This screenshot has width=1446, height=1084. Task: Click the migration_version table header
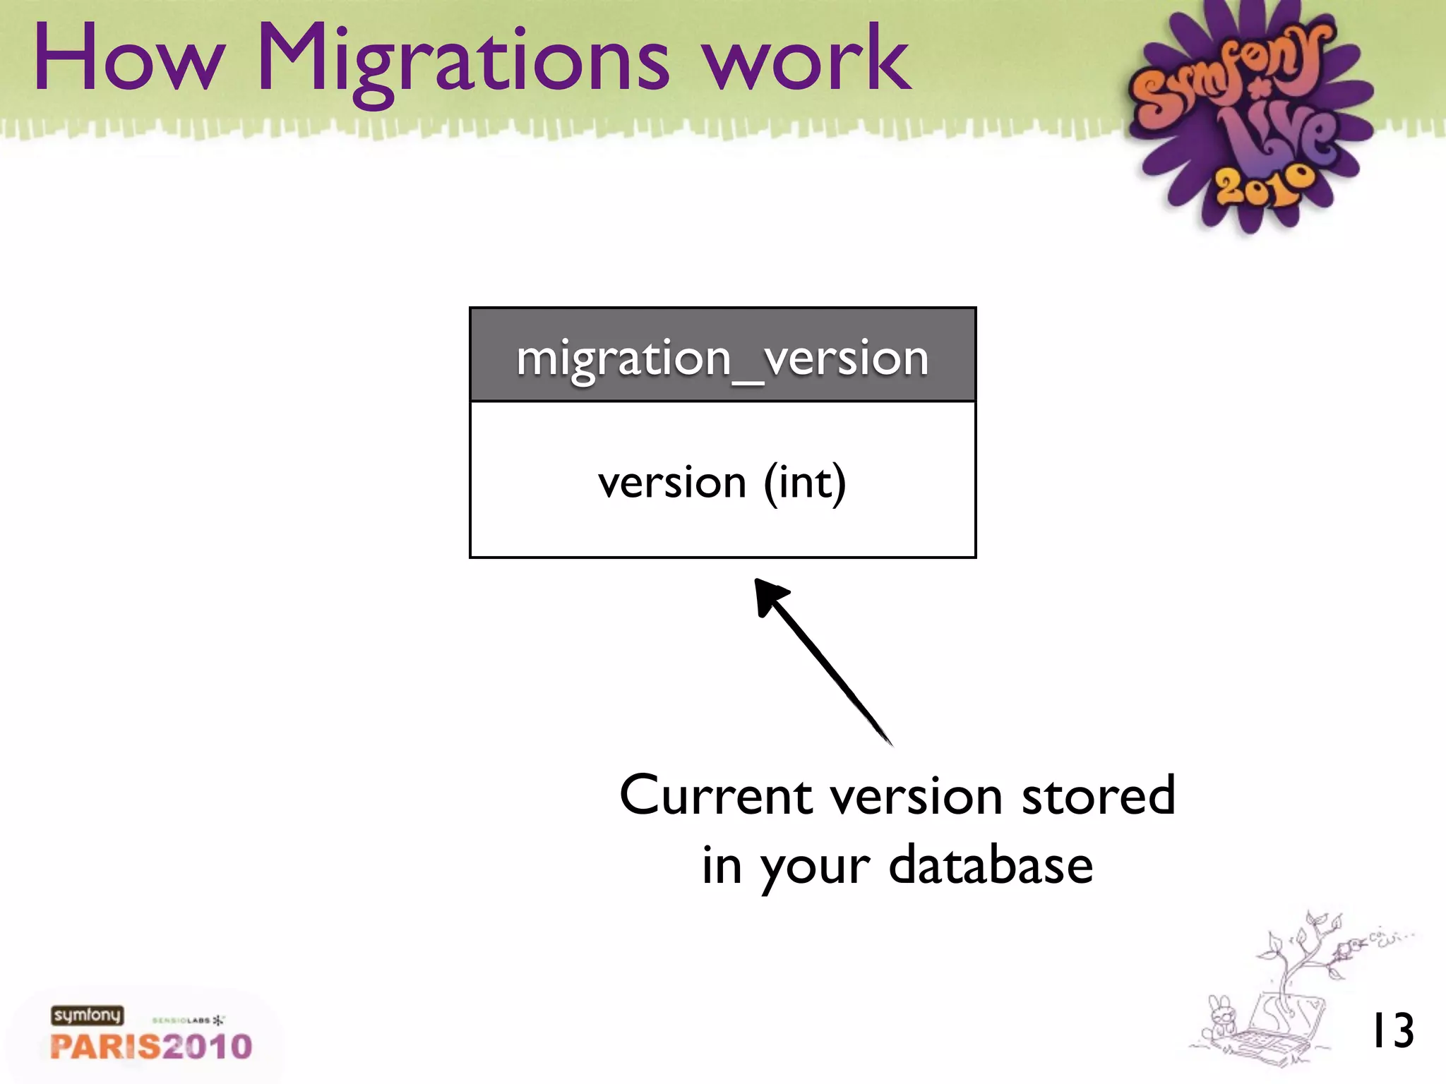(722, 356)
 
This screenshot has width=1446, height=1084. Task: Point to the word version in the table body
(671, 483)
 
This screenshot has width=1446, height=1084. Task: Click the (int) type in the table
(804, 483)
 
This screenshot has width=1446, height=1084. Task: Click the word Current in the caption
(716, 795)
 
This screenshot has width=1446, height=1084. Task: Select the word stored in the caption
(1098, 795)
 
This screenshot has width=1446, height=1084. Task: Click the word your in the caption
(815, 868)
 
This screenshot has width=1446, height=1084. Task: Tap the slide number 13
(1392, 1031)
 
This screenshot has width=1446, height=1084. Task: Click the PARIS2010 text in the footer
(151, 1047)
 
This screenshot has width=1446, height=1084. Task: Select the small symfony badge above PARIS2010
(87, 1016)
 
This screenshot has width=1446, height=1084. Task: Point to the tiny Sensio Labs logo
(188, 1020)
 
